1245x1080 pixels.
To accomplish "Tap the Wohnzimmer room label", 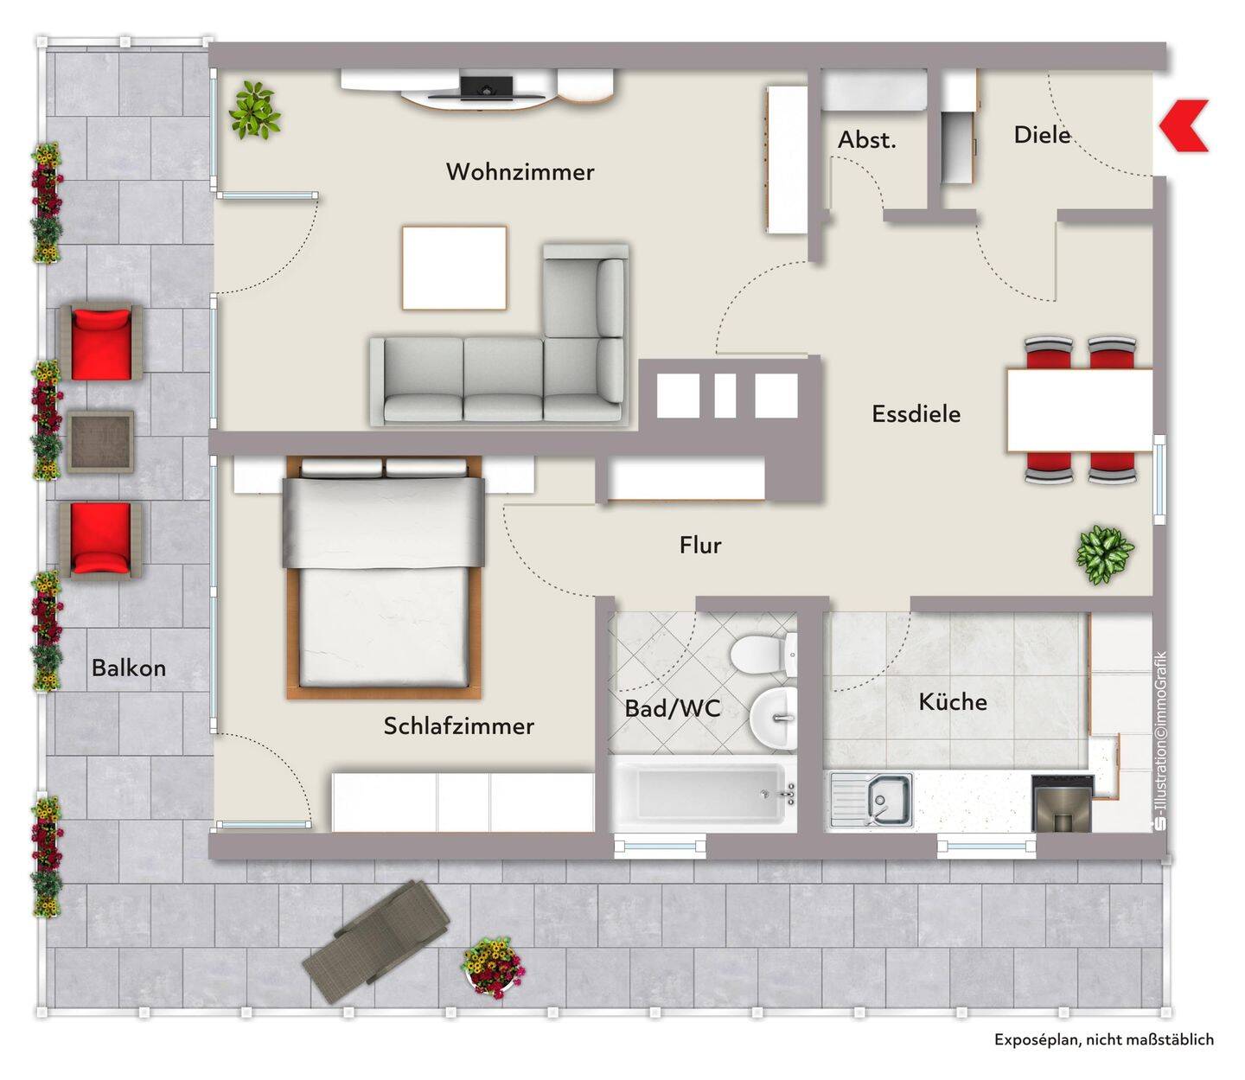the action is [520, 171].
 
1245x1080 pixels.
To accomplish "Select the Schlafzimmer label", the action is [459, 725].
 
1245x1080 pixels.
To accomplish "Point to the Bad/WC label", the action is [673, 708].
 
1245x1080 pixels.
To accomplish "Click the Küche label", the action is [953, 701].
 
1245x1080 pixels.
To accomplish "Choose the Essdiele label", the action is [916, 413].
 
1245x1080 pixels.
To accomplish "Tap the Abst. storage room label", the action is [866, 140].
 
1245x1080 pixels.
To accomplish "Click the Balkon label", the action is [129, 668].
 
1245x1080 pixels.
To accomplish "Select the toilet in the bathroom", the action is [763, 654].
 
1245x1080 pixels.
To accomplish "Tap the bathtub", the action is [704, 794].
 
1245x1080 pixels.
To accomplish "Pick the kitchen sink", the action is [871, 800].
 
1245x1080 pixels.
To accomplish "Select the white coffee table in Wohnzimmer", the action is [454, 268].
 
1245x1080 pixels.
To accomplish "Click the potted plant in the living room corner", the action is [254, 110].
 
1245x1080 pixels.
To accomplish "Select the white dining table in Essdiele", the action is [1080, 410].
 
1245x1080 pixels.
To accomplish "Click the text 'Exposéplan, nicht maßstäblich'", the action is [1104, 1039].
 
